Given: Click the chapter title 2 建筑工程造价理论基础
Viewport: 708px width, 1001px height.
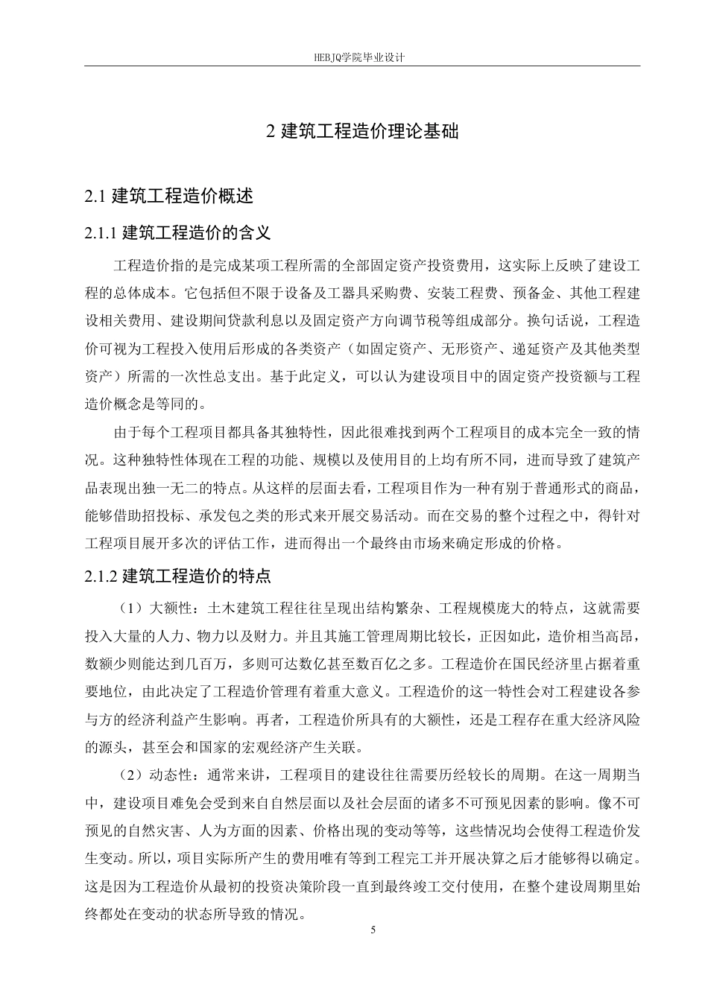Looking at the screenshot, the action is (x=362, y=132).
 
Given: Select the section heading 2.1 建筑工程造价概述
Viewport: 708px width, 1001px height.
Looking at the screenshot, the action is (x=169, y=196).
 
